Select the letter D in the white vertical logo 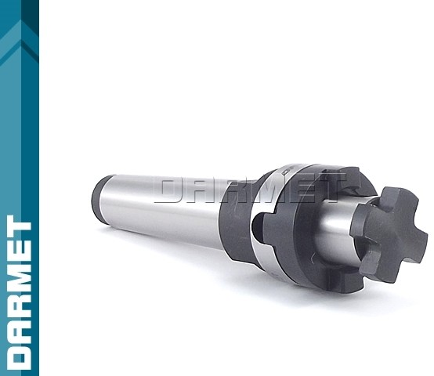[19, 352]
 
